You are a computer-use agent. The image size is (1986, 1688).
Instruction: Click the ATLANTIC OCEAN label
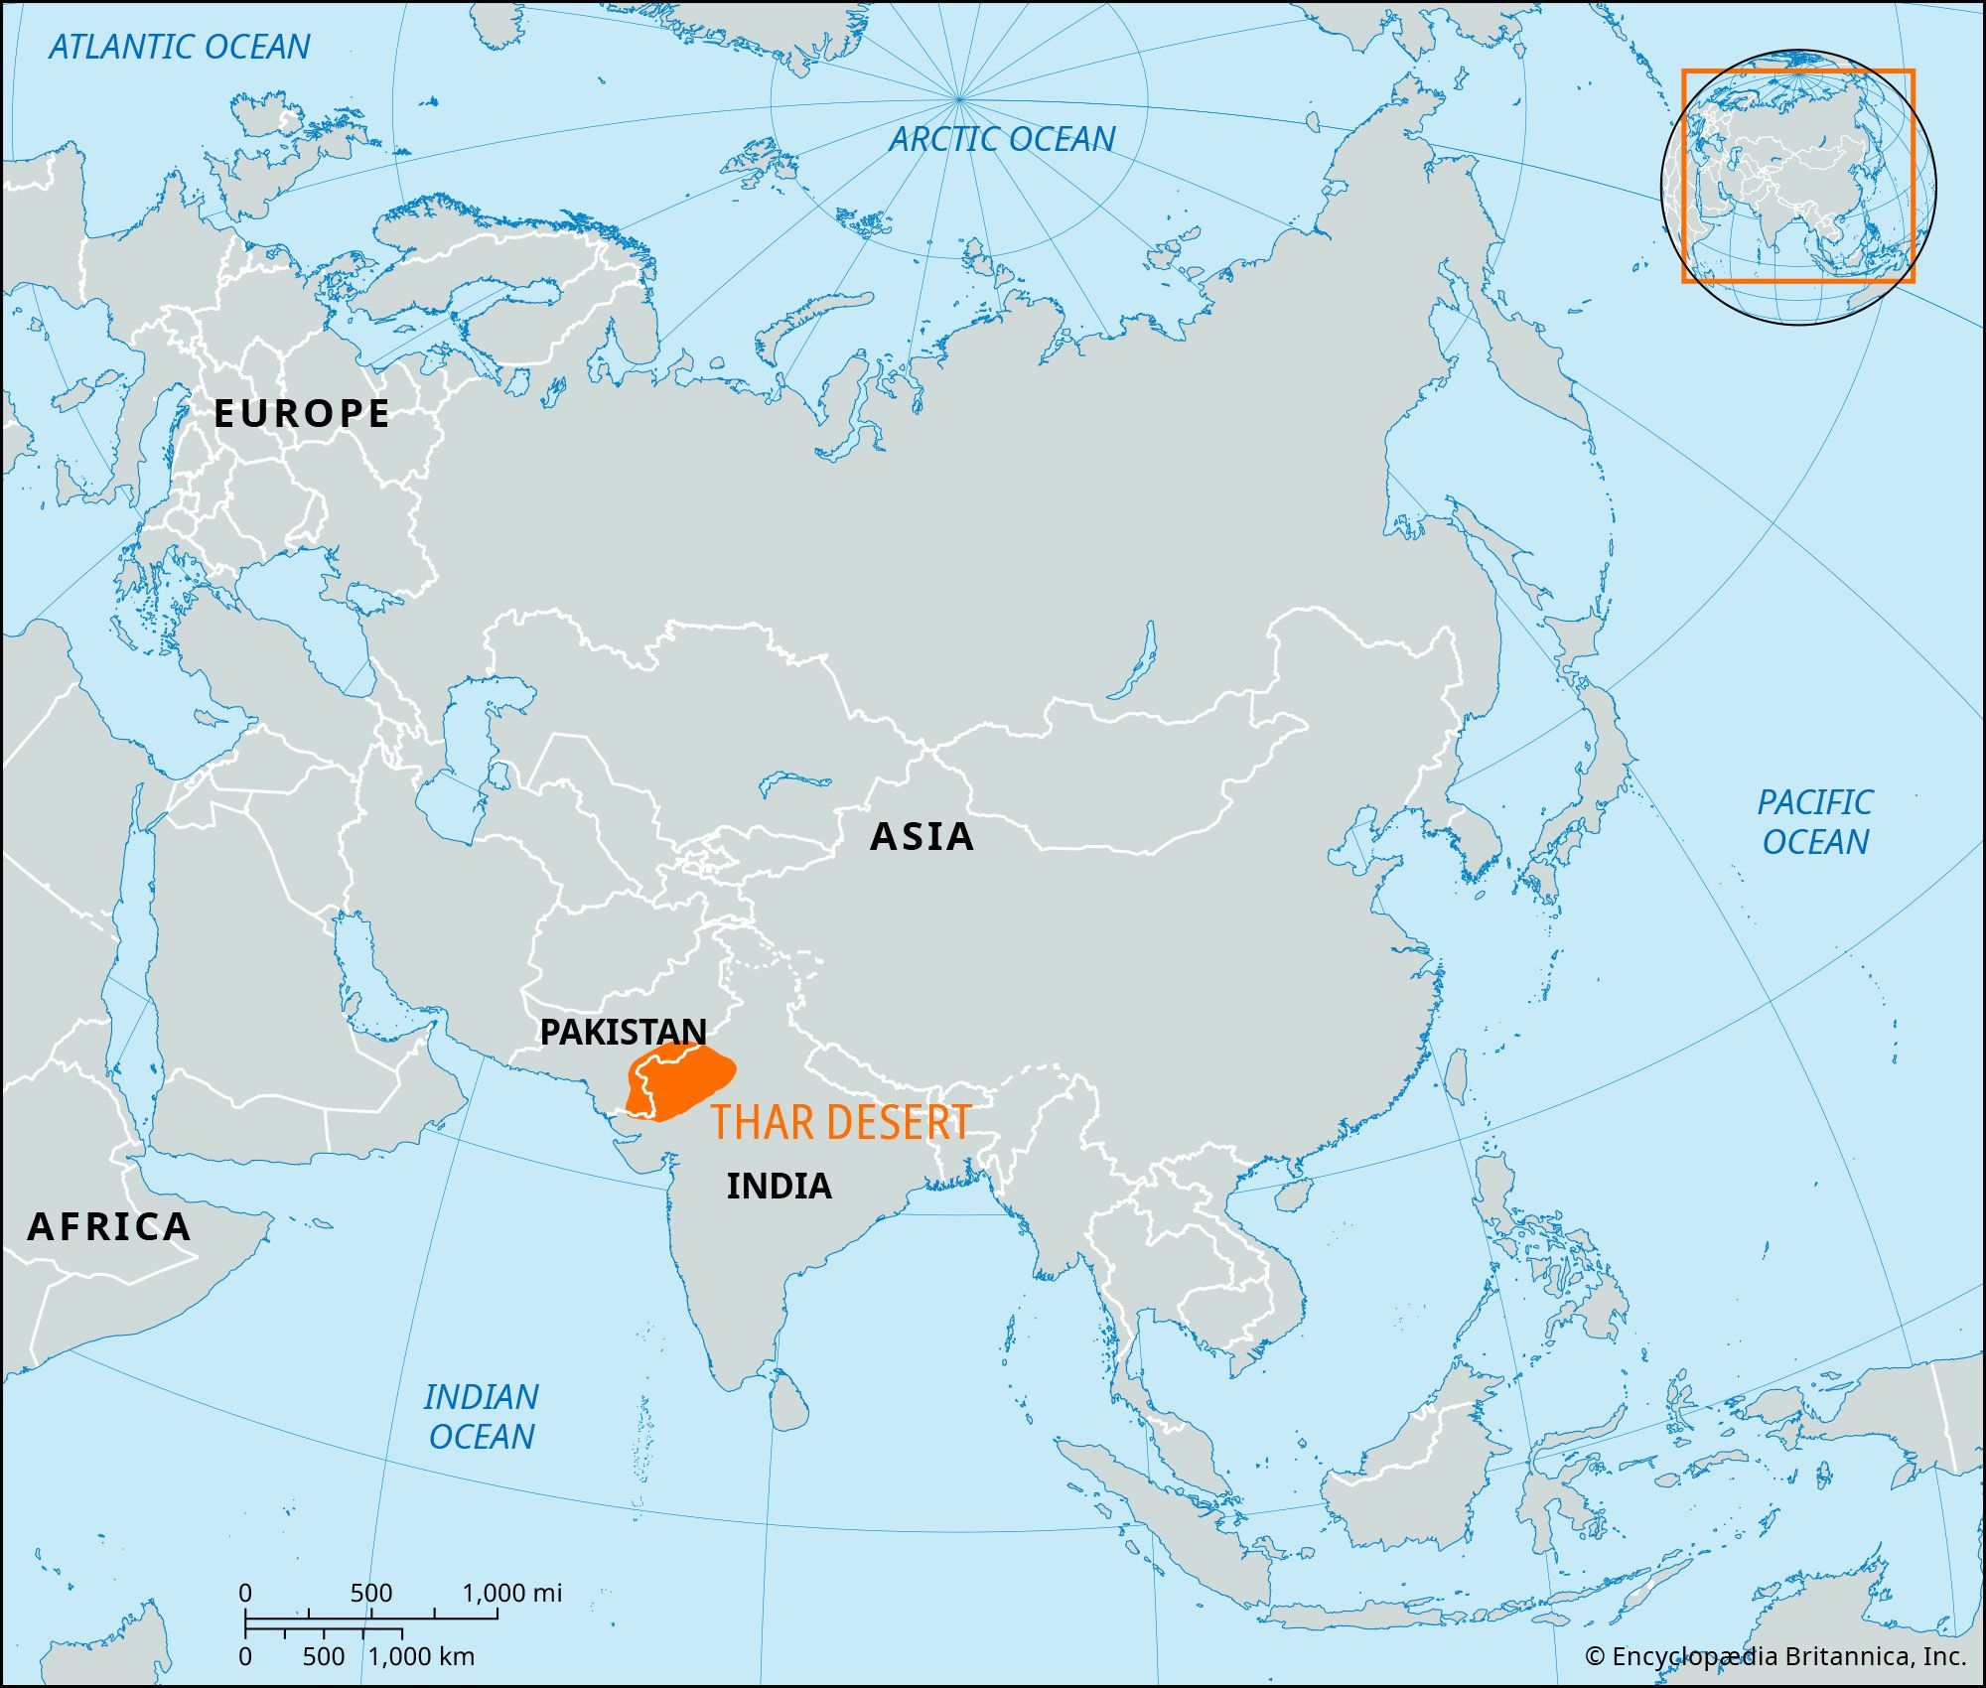click(180, 47)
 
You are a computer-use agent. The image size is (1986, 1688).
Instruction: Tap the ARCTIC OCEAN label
click(1002, 139)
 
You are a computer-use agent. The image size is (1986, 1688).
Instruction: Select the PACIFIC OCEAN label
click(1815, 822)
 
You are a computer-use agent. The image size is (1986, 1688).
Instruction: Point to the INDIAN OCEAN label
click(482, 1417)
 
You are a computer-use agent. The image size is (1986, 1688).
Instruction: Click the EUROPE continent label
click(302, 413)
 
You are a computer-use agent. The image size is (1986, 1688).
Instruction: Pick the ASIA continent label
click(922, 837)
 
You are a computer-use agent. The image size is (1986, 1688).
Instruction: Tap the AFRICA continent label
click(109, 1227)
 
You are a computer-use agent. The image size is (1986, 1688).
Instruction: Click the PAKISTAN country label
click(623, 1032)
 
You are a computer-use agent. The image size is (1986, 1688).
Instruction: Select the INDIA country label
click(779, 1186)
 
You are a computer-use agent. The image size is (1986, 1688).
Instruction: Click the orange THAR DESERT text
click(841, 1122)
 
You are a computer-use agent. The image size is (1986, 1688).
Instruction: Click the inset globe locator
click(1797, 186)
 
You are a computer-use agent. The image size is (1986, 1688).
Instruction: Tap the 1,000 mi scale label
click(512, 1593)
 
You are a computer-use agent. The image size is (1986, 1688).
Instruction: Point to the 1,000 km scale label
click(422, 1656)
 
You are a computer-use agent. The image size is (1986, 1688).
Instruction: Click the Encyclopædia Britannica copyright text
click(1775, 1656)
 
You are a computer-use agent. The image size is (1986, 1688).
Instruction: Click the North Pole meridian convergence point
click(958, 99)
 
